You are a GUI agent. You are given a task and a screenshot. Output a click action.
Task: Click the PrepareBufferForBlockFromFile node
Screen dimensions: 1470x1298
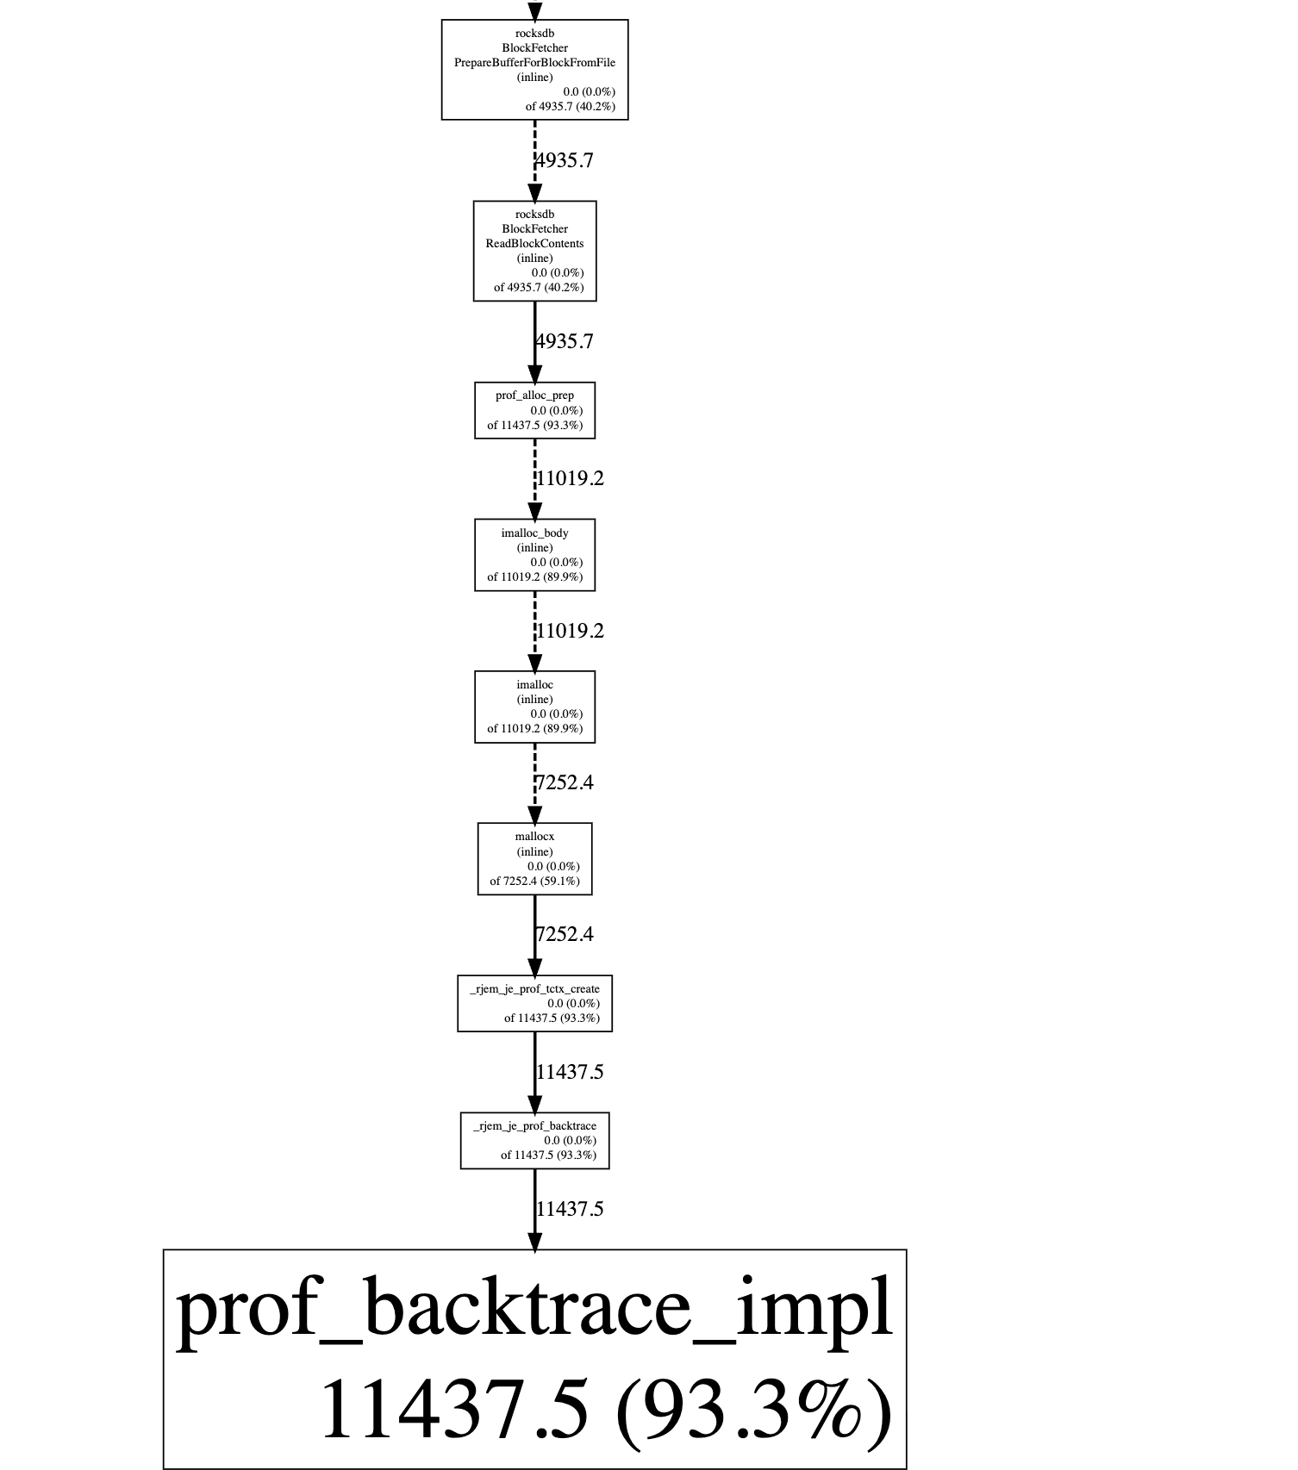point(534,70)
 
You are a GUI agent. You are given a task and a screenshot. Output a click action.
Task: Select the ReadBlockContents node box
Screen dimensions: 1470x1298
point(534,251)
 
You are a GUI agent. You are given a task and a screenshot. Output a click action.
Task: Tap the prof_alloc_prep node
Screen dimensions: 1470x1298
point(534,410)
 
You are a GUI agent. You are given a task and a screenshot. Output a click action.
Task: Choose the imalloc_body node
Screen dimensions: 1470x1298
point(534,555)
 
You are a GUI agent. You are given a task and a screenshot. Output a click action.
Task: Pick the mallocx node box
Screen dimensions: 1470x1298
point(534,858)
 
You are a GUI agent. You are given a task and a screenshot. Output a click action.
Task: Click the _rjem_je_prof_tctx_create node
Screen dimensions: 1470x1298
point(534,1003)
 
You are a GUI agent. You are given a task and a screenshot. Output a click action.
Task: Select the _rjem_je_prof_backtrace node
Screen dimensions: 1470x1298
point(534,1140)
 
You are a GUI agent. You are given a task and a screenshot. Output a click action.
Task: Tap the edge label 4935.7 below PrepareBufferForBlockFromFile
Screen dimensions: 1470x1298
point(565,161)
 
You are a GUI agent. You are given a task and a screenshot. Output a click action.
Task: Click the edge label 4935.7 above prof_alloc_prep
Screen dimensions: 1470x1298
point(565,342)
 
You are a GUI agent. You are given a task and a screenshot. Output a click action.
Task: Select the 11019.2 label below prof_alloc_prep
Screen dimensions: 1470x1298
point(570,478)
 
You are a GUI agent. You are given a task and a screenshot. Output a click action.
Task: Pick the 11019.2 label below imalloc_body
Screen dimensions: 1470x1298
point(570,631)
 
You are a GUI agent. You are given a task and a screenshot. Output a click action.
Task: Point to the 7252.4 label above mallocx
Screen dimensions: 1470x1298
point(565,783)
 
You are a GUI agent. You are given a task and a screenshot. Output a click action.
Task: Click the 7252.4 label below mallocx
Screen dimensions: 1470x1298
point(565,935)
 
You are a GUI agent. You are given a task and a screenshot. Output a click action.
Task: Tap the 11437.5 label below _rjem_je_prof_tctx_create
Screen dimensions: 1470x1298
point(570,1072)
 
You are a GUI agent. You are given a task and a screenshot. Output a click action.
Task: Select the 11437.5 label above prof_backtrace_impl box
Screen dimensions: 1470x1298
point(570,1209)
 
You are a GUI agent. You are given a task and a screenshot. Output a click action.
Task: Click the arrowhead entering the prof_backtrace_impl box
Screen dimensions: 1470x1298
point(534,1241)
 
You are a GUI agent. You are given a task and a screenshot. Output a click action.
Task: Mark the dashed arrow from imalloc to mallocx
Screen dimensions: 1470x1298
point(534,780)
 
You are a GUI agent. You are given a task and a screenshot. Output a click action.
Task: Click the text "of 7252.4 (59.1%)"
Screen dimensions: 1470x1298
point(534,881)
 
